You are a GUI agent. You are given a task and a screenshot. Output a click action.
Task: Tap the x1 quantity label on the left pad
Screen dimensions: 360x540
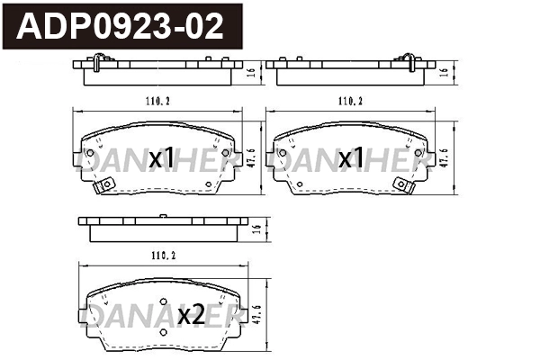[162, 159]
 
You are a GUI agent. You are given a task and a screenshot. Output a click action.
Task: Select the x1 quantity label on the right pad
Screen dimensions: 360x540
[352, 159]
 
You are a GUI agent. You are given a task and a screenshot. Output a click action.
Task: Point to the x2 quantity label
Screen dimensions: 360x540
[190, 316]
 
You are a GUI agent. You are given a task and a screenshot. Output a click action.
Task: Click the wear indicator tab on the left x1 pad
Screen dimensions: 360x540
[103, 185]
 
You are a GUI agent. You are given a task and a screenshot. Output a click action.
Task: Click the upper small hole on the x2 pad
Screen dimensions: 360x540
[163, 303]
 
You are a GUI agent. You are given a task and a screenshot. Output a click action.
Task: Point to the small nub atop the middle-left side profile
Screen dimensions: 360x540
[163, 217]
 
